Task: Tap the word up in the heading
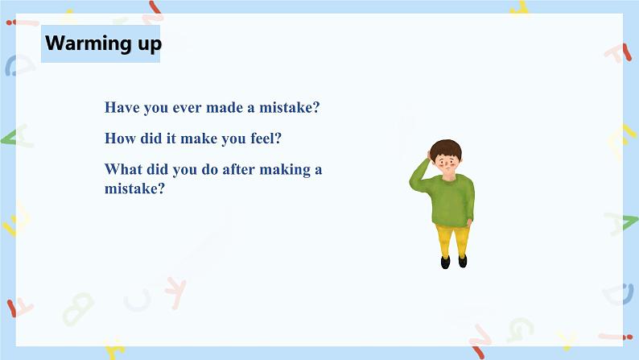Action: pos(150,45)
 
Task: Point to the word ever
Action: pos(187,108)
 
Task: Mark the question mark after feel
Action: pos(278,139)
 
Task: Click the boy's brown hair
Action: pos(446,148)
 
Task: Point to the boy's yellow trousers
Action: pos(452,240)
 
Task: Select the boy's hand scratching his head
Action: pos(429,155)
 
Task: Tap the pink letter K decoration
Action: pos(176,292)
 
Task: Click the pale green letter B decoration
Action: pos(78,308)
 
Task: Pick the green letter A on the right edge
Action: pos(622,224)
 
